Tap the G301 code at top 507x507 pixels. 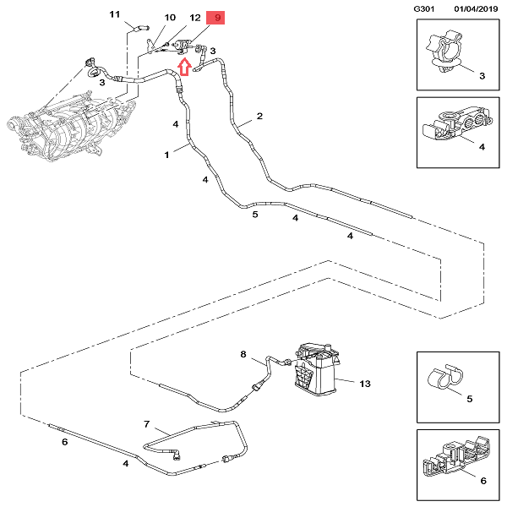coord(424,8)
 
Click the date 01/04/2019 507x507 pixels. coord(477,8)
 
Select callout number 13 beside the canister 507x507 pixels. coord(365,384)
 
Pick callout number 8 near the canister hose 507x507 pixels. coord(243,354)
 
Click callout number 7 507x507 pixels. coord(146,423)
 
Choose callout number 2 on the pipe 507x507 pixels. coord(259,116)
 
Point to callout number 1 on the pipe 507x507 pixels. coord(168,155)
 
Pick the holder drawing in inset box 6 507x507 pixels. coord(452,461)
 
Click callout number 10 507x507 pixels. coord(170,18)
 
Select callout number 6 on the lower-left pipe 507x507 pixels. coord(63,442)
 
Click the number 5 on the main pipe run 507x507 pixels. coord(254,215)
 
